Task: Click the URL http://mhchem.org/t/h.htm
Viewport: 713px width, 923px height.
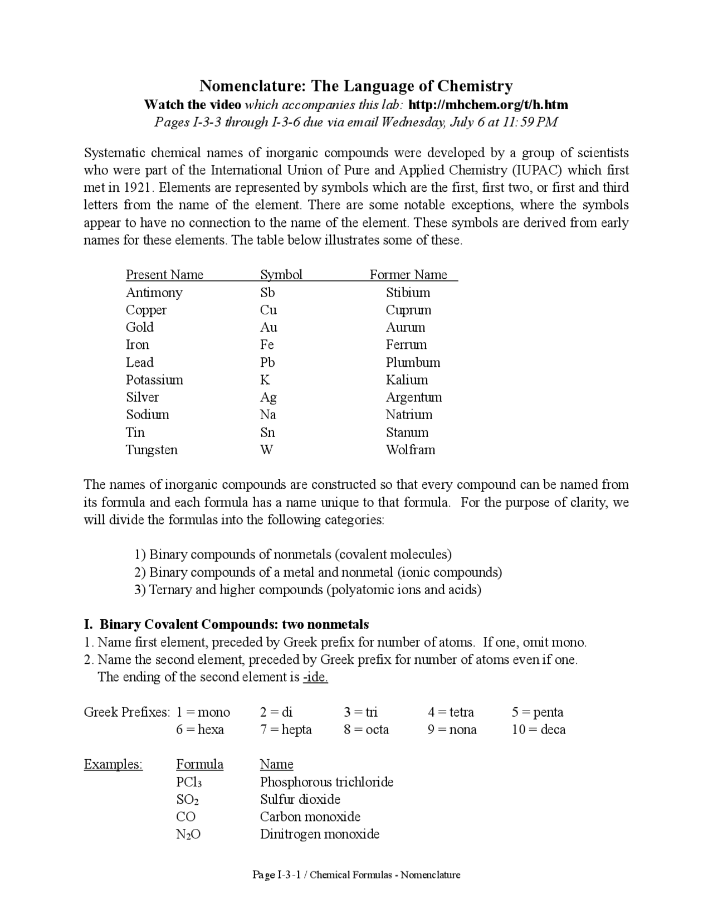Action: coord(488,105)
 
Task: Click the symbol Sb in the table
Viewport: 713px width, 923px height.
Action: coord(267,293)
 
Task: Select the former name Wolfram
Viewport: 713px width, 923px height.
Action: coord(410,450)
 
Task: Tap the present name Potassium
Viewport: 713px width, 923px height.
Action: coord(154,380)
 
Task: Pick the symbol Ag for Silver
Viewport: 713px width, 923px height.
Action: coord(268,397)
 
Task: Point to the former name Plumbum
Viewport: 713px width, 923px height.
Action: coord(413,363)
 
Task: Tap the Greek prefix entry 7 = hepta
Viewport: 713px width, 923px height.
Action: coord(286,730)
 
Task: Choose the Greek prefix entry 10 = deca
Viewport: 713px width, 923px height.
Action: coord(538,730)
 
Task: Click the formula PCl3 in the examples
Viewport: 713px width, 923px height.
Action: coord(188,783)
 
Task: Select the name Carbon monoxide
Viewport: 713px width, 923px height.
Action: coord(310,817)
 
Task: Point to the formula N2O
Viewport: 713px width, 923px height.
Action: coord(188,835)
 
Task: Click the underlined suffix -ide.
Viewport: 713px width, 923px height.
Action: coord(315,677)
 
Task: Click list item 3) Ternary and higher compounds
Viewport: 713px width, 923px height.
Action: coord(307,590)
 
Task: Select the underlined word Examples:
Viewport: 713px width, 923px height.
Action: coord(113,764)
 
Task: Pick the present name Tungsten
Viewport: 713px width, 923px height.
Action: coord(152,450)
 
